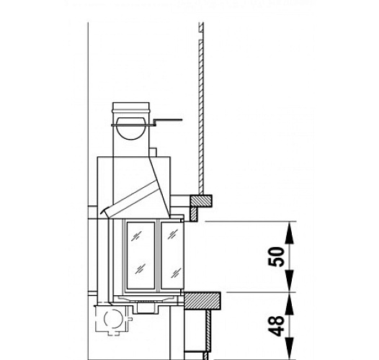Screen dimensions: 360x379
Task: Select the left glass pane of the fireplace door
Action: (140, 253)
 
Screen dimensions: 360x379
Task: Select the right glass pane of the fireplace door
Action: (174, 253)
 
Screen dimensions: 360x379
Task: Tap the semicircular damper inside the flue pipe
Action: (131, 127)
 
